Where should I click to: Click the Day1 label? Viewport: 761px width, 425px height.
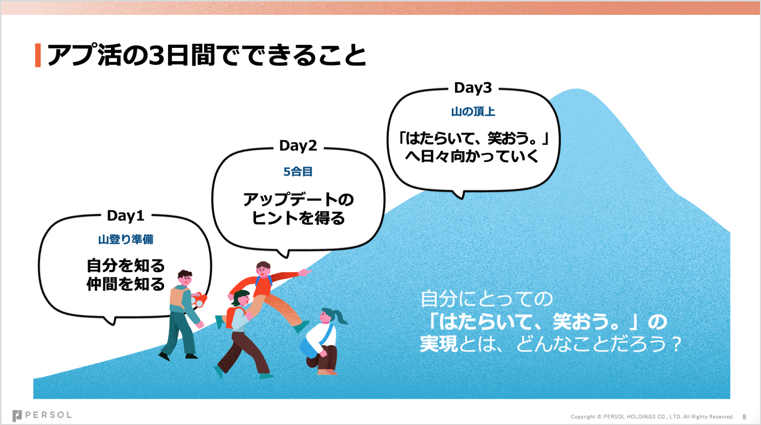pos(125,216)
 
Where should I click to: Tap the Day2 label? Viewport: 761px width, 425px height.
pos(298,146)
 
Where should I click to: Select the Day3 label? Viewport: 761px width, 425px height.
pos(473,88)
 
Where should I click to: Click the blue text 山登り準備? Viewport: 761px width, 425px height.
pos(125,239)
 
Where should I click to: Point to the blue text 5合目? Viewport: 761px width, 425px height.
pos(298,172)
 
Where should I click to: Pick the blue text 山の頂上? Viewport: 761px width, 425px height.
pos(473,112)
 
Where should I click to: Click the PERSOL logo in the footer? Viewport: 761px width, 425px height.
pos(42,415)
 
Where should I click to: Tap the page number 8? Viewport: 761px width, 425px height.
pos(744,417)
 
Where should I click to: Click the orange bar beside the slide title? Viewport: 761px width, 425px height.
pos(38,55)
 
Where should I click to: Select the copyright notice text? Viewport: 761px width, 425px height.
pos(652,417)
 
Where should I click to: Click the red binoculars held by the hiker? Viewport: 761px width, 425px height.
pos(198,299)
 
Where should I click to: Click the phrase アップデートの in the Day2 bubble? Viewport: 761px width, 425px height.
pos(298,200)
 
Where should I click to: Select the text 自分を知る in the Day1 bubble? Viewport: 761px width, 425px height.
pos(125,265)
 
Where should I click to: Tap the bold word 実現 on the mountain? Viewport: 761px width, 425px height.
pos(439,344)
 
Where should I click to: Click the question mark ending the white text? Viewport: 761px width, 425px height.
pos(677,344)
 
